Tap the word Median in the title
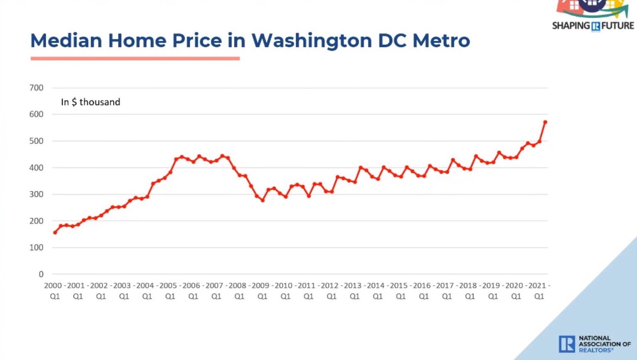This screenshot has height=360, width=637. (x=66, y=41)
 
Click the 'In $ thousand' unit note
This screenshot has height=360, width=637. (x=91, y=102)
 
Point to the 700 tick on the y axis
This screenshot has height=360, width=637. (x=36, y=88)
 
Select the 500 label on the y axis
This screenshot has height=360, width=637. (x=36, y=141)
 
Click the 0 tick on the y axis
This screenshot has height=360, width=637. (x=41, y=274)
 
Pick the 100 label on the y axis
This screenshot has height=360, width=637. (x=36, y=247)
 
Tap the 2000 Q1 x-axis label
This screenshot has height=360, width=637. (x=54, y=291)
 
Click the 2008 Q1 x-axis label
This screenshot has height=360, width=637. (x=238, y=291)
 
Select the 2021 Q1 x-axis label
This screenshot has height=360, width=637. (x=538, y=291)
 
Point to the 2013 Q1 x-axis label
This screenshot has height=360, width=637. (x=353, y=291)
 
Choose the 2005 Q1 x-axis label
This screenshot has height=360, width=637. (x=169, y=291)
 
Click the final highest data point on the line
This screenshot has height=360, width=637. (x=545, y=122)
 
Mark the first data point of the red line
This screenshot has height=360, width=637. (x=55, y=233)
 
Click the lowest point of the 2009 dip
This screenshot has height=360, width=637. (x=263, y=200)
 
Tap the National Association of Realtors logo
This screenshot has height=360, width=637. (x=594, y=344)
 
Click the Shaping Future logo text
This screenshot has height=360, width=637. (x=593, y=26)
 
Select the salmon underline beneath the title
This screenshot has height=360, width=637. (x=135, y=59)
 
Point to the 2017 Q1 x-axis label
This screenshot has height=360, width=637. (x=446, y=291)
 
